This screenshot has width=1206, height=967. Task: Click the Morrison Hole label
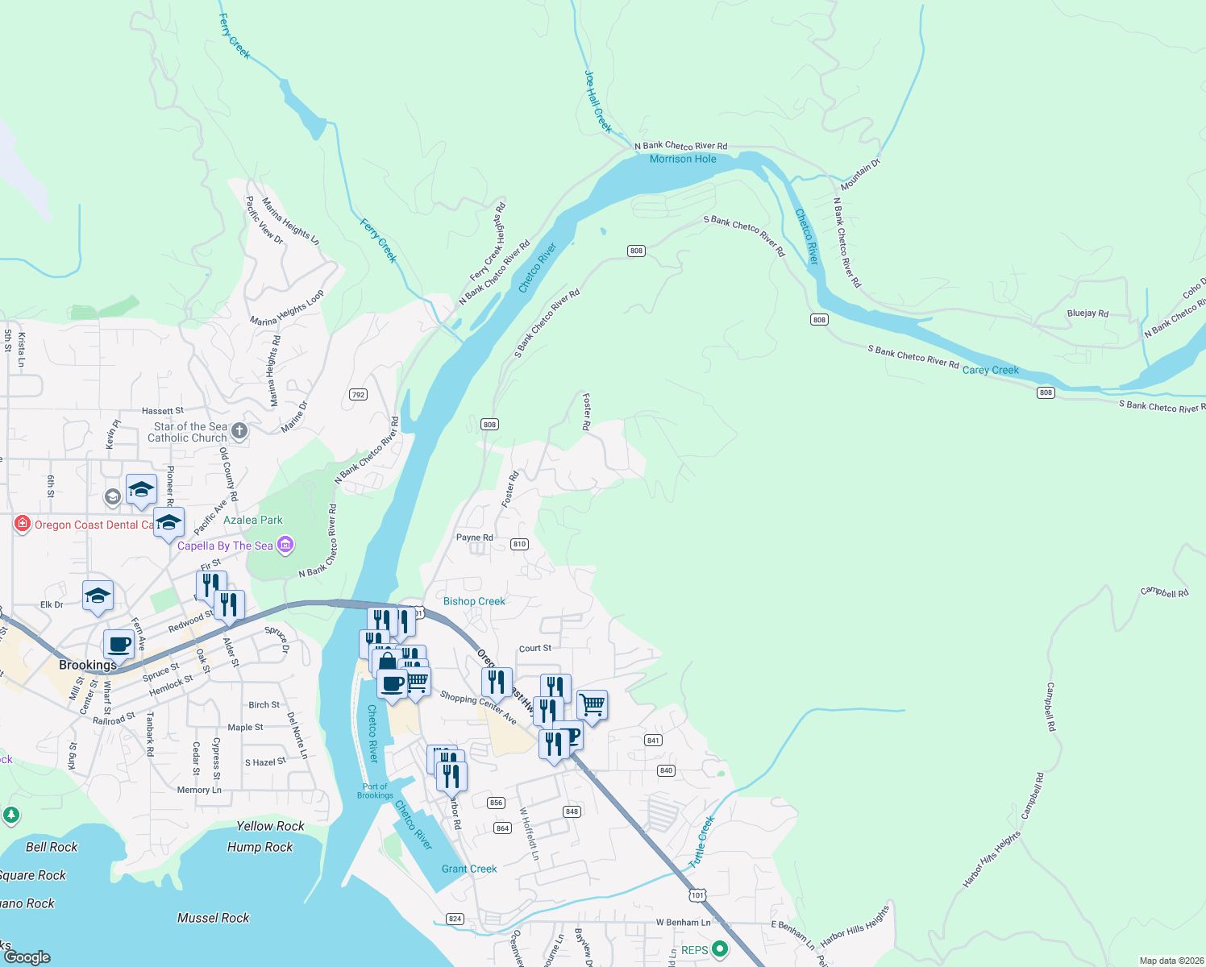[683, 160]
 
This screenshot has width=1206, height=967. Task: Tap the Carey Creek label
[990, 371]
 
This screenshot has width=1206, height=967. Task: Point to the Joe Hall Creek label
[597, 102]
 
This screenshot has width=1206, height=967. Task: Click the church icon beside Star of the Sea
[239, 431]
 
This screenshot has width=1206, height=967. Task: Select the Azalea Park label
[253, 521]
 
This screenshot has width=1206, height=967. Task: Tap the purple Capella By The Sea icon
[285, 546]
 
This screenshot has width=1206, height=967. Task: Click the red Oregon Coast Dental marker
[22, 525]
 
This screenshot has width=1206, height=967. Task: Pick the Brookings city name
[88, 665]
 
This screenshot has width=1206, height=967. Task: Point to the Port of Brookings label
[375, 791]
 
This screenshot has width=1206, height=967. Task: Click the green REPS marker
[721, 950]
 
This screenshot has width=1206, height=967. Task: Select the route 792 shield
[359, 395]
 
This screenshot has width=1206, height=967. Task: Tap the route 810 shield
[519, 544]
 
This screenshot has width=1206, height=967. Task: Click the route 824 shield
[455, 919]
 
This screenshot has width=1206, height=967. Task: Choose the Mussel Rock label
[213, 918]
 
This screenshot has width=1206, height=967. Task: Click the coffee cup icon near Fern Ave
[119, 645]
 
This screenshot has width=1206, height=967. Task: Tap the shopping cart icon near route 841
[592, 705]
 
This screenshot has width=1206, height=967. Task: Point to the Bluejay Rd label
[1087, 313]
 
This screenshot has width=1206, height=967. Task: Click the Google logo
[27, 957]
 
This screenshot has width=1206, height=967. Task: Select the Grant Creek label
[469, 869]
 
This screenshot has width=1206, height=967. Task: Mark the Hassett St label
[163, 411]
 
